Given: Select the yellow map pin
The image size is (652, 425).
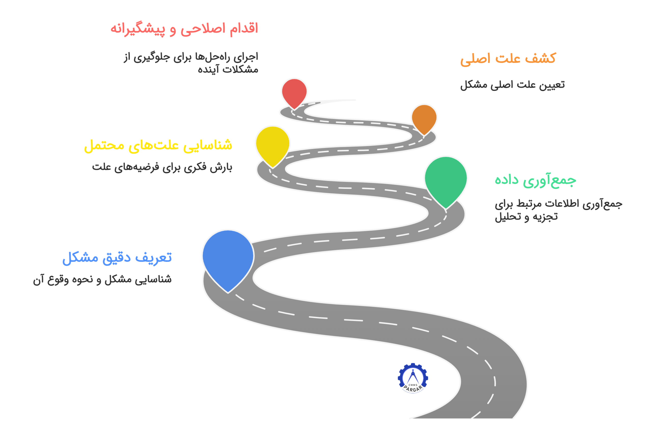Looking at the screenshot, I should point(273,144).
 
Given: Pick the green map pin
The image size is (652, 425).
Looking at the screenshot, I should point(446,179).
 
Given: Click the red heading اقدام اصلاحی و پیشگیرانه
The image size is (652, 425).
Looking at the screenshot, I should point(184,29).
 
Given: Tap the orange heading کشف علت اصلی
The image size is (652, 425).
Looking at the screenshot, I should point(508,59).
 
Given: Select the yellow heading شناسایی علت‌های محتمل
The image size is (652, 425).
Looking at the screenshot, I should point(158,145).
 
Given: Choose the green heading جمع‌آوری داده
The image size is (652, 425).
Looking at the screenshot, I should point(535,181).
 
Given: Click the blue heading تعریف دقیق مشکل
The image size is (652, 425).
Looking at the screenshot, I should point(117,258).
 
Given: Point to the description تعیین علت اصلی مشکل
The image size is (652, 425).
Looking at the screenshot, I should point(512,84).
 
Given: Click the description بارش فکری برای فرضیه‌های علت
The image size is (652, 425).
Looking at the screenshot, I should point(162,167).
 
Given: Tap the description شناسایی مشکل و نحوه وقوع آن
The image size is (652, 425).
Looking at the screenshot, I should point(102,280).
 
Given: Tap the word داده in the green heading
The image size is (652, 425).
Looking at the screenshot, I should point(507,180).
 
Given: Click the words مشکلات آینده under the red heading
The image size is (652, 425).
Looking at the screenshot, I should point(228,70).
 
